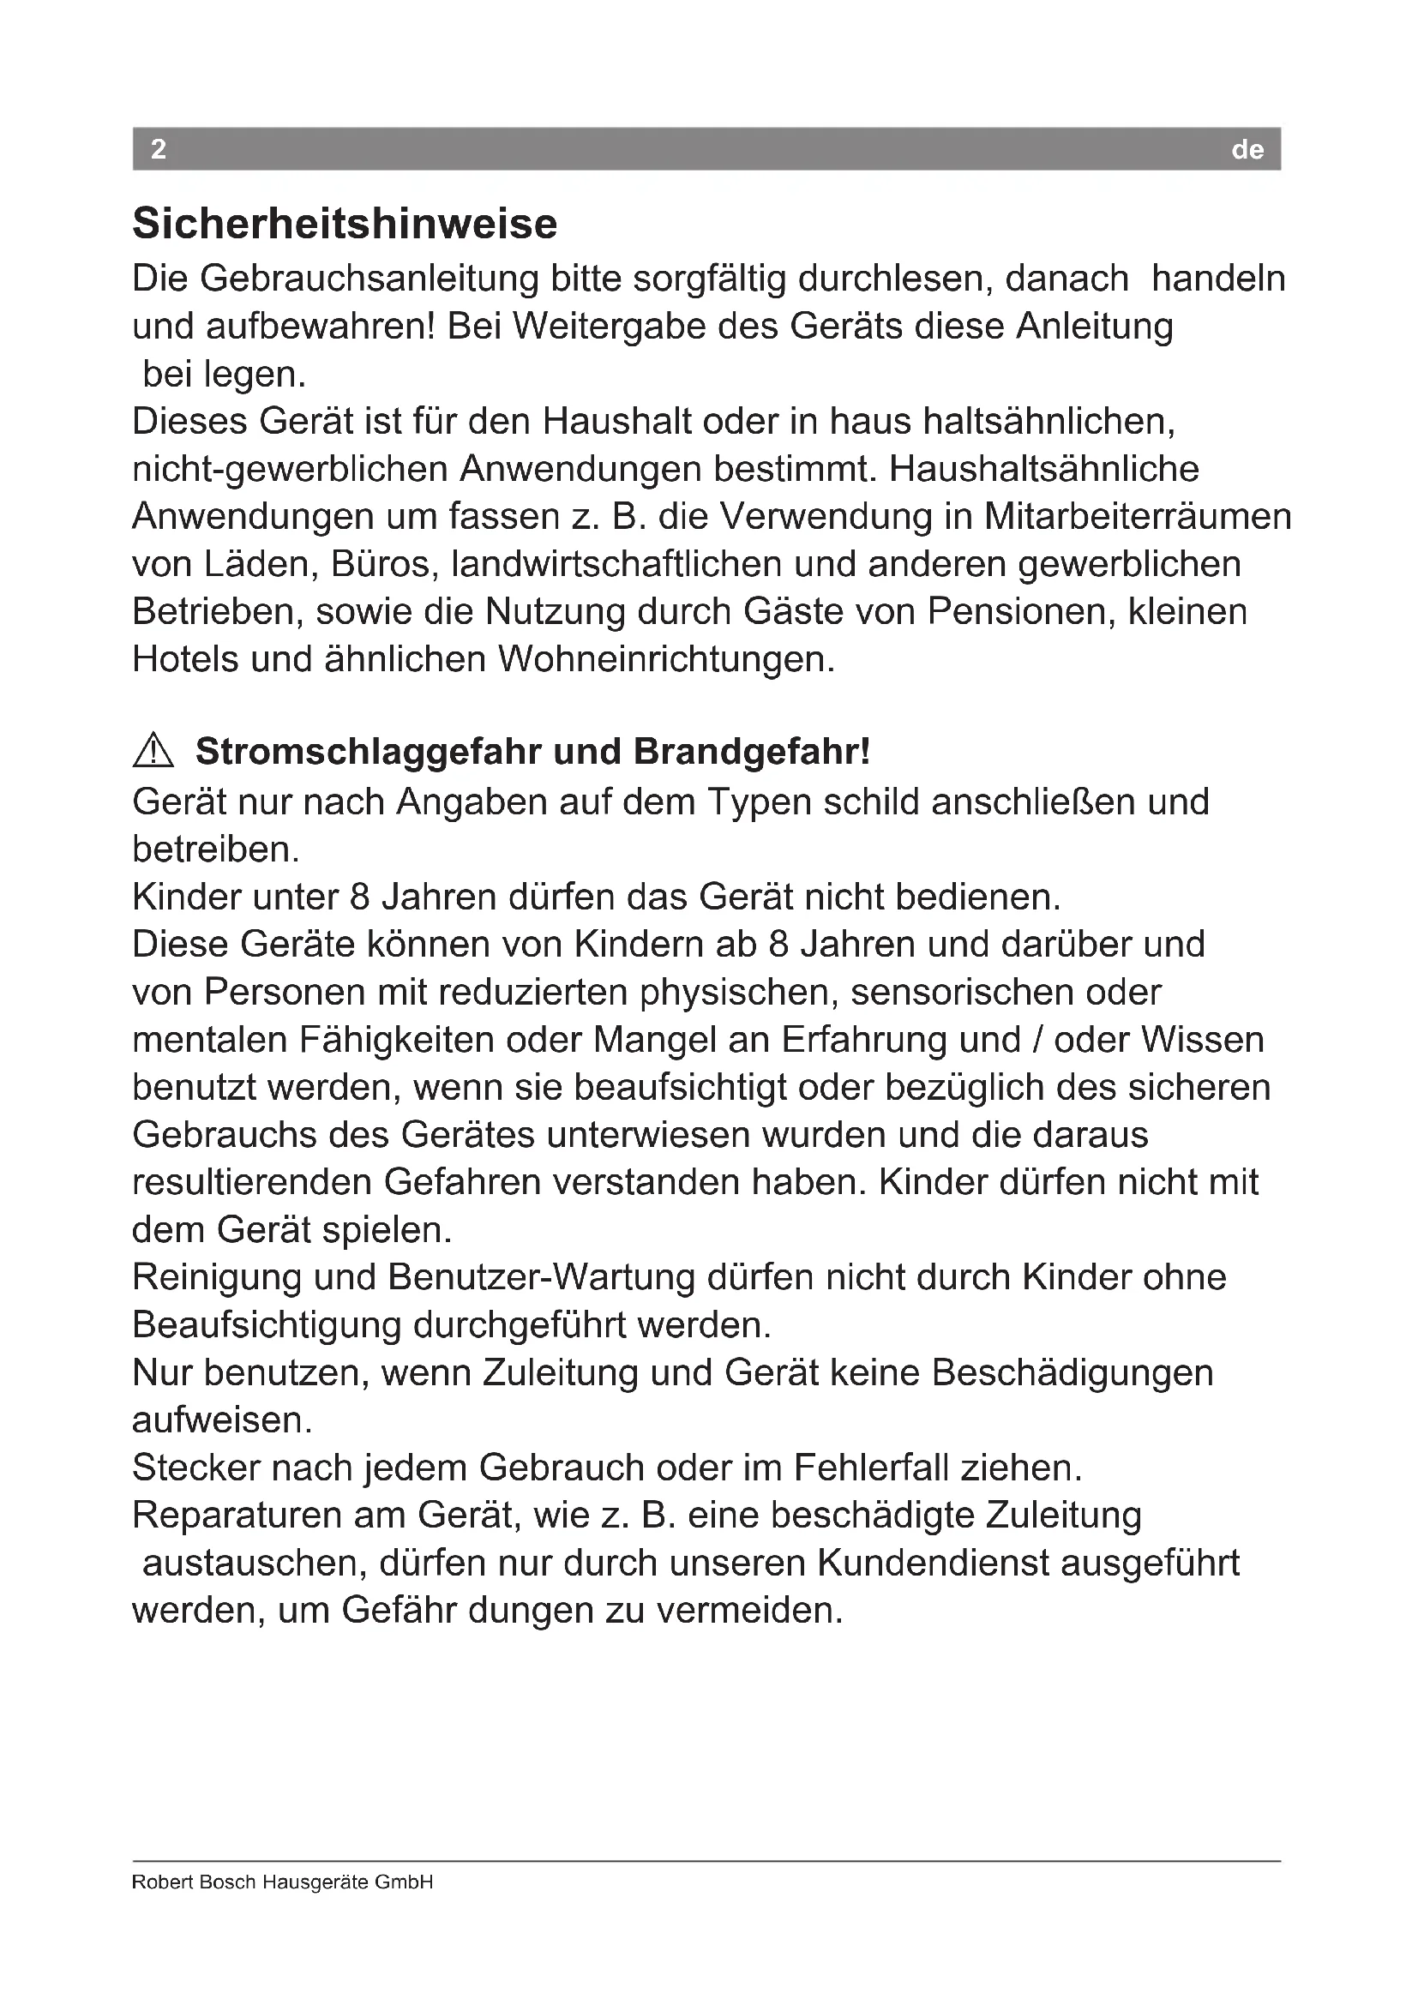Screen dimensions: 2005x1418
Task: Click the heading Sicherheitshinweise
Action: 344,224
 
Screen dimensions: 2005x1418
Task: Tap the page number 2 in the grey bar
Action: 158,149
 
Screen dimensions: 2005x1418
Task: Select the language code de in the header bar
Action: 1247,150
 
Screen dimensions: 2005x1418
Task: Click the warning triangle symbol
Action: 153,752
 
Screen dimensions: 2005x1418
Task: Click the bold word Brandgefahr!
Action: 752,752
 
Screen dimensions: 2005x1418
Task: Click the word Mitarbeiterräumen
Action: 1138,517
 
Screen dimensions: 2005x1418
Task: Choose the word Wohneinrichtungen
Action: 666,659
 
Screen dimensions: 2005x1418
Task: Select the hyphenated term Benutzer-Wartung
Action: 541,1277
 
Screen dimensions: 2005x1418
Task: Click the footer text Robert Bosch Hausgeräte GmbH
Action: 282,1882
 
